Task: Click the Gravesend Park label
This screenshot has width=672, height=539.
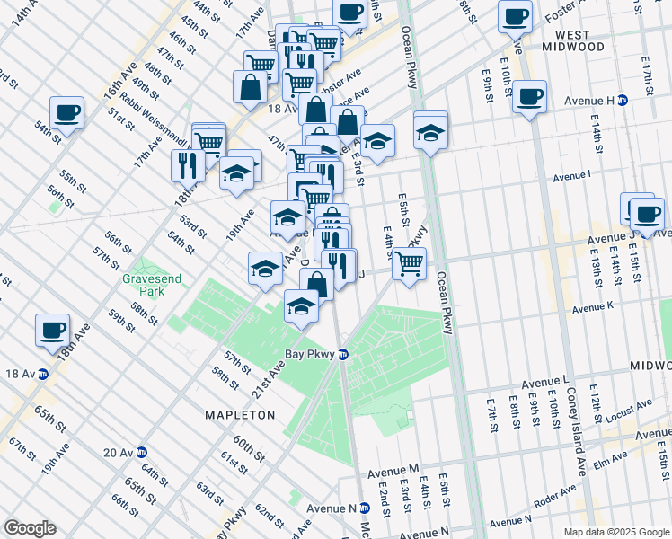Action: [x=152, y=285]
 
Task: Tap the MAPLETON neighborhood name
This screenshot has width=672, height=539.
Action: [x=240, y=415]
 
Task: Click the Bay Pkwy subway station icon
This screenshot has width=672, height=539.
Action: [x=343, y=354]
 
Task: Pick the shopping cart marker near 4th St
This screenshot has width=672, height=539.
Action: [x=409, y=264]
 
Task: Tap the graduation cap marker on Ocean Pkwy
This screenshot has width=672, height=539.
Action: [x=431, y=132]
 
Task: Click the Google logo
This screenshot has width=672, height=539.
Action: [x=30, y=528]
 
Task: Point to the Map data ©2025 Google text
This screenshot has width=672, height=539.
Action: [x=615, y=532]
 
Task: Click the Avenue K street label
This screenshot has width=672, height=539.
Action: [x=592, y=308]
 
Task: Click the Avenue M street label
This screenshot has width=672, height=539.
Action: [x=393, y=470]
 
